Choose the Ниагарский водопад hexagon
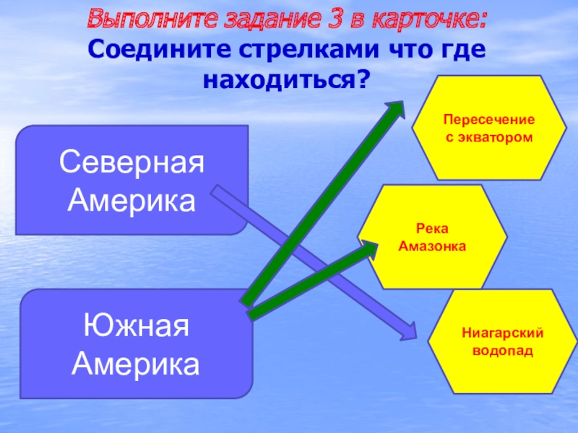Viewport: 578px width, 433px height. [x=502, y=341]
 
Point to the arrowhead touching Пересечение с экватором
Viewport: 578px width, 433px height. [x=396, y=111]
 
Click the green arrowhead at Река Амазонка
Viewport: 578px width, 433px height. [x=370, y=248]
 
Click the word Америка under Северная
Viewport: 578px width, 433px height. [x=131, y=201]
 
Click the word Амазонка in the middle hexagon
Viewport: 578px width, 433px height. [x=433, y=246]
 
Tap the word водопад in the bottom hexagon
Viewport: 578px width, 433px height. [x=502, y=350]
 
